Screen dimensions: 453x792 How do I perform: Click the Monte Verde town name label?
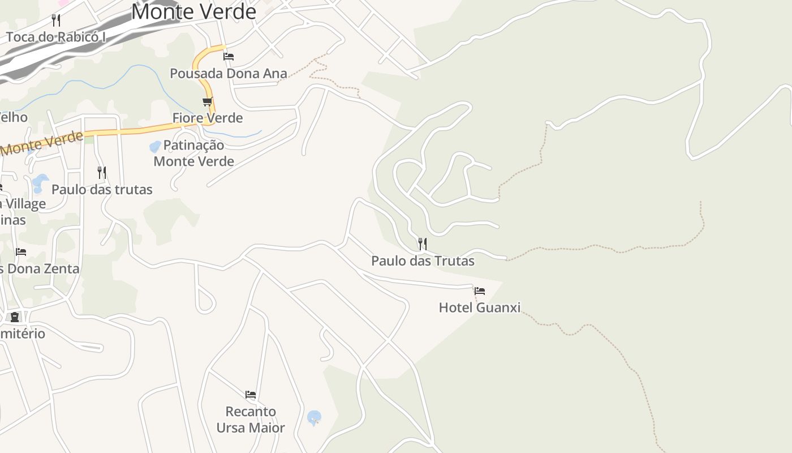(193, 11)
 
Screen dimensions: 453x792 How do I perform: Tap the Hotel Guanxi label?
(480, 307)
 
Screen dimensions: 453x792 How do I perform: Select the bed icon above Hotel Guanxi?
(480, 291)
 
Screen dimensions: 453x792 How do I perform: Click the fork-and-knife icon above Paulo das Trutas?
(423, 244)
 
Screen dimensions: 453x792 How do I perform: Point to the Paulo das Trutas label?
(423, 260)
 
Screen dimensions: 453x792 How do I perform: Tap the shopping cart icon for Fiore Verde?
(208, 102)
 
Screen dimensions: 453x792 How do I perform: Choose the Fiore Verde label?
(208, 118)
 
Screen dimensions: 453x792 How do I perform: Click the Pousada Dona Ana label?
(229, 73)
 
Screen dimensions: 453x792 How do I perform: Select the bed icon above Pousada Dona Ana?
(229, 57)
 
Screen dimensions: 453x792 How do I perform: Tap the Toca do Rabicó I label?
(56, 37)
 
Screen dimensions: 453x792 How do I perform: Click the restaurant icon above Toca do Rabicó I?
(56, 20)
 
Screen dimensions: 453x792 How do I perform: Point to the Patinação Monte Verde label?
(194, 153)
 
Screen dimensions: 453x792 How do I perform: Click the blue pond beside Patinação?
(154, 147)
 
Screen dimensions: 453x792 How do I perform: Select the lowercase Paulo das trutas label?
(102, 189)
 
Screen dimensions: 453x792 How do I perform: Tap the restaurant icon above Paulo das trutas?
(102, 172)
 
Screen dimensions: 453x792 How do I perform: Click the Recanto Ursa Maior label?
(251, 419)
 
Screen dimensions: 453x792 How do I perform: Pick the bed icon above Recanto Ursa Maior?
(251, 394)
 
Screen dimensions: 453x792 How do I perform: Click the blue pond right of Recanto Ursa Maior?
(314, 418)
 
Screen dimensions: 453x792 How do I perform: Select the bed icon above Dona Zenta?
(21, 251)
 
